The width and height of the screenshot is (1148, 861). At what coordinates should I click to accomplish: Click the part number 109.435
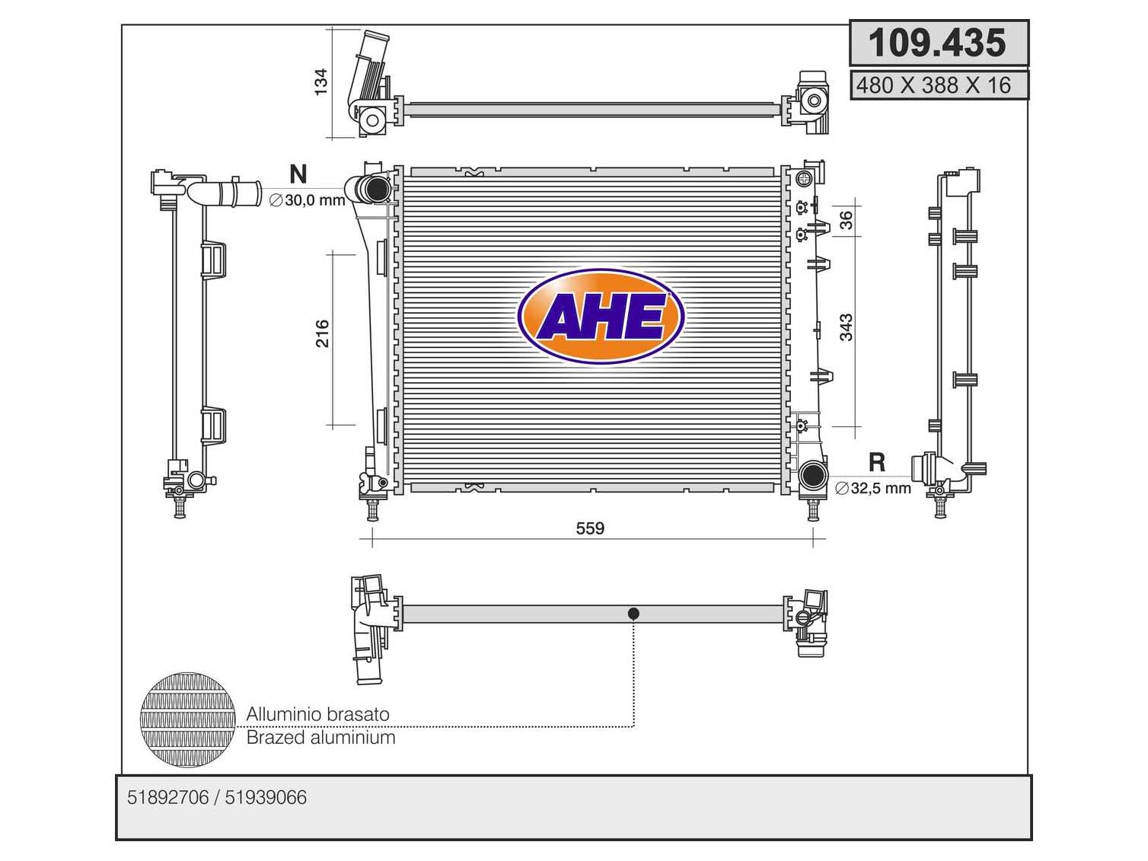click(x=936, y=43)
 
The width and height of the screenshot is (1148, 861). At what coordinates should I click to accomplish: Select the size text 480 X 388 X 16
click(x=933, y=85)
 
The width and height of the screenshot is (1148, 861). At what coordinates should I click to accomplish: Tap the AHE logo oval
click(x=601, y=317)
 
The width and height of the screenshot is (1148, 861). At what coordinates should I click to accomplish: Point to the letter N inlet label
click(x=298, y=174)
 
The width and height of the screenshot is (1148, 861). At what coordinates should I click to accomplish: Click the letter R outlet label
click(x=877, y=462)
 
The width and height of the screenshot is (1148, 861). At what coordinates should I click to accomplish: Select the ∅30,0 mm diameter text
click(x=307, y=200)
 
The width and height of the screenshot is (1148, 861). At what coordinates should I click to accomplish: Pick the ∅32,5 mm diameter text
click(x=873, y=488)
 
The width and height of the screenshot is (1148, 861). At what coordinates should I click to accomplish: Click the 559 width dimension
click(x=590, y=528)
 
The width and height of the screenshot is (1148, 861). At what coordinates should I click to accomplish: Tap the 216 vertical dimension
click(x=322, y=333)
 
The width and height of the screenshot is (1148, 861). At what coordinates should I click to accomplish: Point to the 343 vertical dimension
click(x=846, y=327)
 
